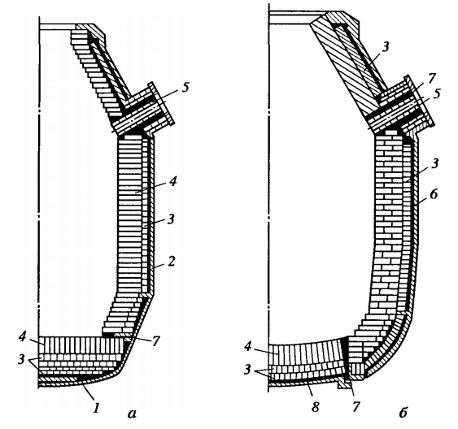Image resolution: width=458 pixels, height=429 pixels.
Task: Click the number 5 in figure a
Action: (x=185, y=88)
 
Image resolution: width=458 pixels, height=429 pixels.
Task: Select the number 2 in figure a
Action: (x=171, y=262)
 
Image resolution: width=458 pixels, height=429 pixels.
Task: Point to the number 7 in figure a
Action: (x=155, y=341)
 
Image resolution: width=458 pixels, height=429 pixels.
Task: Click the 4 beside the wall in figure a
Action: (x=172, y=182)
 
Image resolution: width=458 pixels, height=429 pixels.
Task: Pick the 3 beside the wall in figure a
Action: (x=171, y=219)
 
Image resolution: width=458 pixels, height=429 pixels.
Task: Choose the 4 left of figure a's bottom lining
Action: (x=22, y=337)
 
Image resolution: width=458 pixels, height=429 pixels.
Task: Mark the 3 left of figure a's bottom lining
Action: (x=21, y=359)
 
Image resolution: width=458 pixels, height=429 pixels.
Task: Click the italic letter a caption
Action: (x=132, y=413)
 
